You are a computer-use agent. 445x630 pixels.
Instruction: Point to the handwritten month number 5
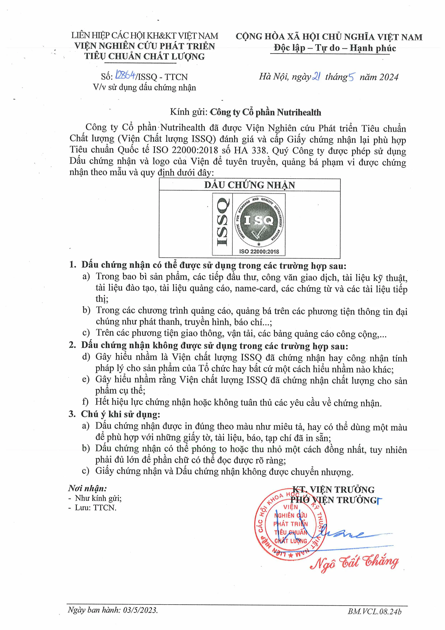[351, 77]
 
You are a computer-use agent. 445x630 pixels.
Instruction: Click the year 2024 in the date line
[388, 77]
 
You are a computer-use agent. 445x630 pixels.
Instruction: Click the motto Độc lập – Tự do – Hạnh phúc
[335, 48]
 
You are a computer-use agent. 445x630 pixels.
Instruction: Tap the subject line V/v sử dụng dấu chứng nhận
[144, 88]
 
